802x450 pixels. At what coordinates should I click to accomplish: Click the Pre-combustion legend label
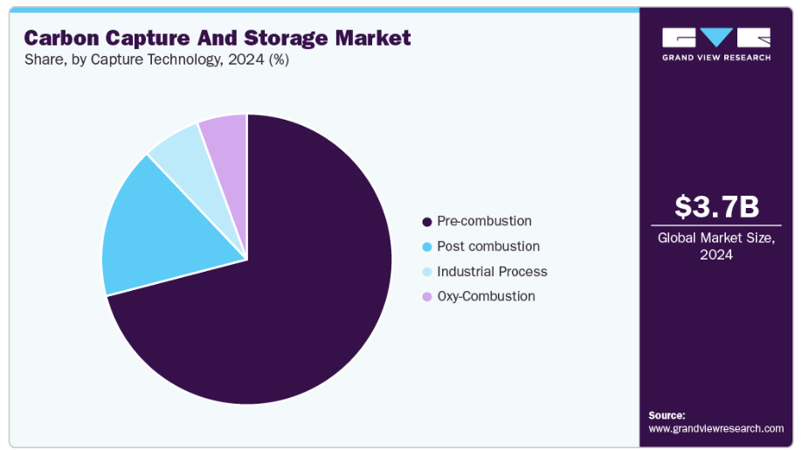tap(484, 221)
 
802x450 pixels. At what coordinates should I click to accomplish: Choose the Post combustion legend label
tap(488, 246)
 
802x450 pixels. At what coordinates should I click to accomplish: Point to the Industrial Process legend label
tap(492, 272)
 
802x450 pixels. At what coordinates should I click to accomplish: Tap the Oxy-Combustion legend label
tap(486, 296)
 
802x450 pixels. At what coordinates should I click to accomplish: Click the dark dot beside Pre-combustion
tap(426, 222)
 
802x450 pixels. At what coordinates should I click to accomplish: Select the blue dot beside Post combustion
tap(426, 247)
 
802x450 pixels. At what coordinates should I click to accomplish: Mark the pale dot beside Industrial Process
tap(426, 272)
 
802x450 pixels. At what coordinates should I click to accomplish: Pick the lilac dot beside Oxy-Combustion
tap(426, 297)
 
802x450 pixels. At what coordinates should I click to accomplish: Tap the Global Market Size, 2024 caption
tap(716, 246)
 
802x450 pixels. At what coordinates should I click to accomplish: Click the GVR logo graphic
tap(716, 38)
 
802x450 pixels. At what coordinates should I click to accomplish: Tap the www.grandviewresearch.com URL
tap(716, 428)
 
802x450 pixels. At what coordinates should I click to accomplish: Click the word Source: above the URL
tap(667, 415)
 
